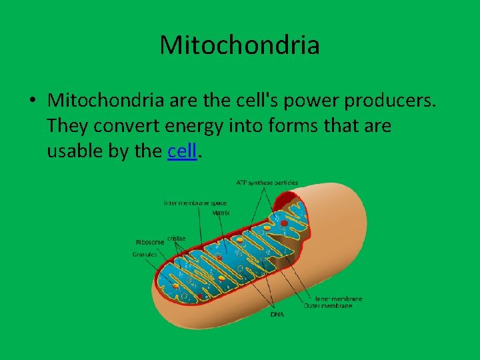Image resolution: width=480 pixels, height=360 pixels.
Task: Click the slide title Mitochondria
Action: pyautogui.click(x=239, y=45)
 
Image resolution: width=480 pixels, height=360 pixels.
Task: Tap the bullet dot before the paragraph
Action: pyautogui.click(x=31, y=101)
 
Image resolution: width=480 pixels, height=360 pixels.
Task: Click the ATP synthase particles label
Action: pyautogui.click(x=267, y=183)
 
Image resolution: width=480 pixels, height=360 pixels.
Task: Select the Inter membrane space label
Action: pyautogui.click(x=195, y=203)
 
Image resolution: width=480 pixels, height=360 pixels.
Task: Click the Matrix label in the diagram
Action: pyautogui.click(x=221, y=213)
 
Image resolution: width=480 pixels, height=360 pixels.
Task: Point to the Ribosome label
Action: pyautogui.click(x=150, y=242)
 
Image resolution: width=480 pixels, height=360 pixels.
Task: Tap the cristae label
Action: pyautogui.click(x=177, y=237)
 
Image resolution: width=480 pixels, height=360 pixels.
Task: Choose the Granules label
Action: pyautogui.click(x=145, y=254)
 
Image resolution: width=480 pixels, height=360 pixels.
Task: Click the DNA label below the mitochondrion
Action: pyautogui.click(x=277, y=313)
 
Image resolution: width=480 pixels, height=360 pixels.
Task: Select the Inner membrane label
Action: pyautogui.click(x=339, y=299)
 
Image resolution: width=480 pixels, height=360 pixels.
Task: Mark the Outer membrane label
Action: pyautogui.click(x=333, y=306)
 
